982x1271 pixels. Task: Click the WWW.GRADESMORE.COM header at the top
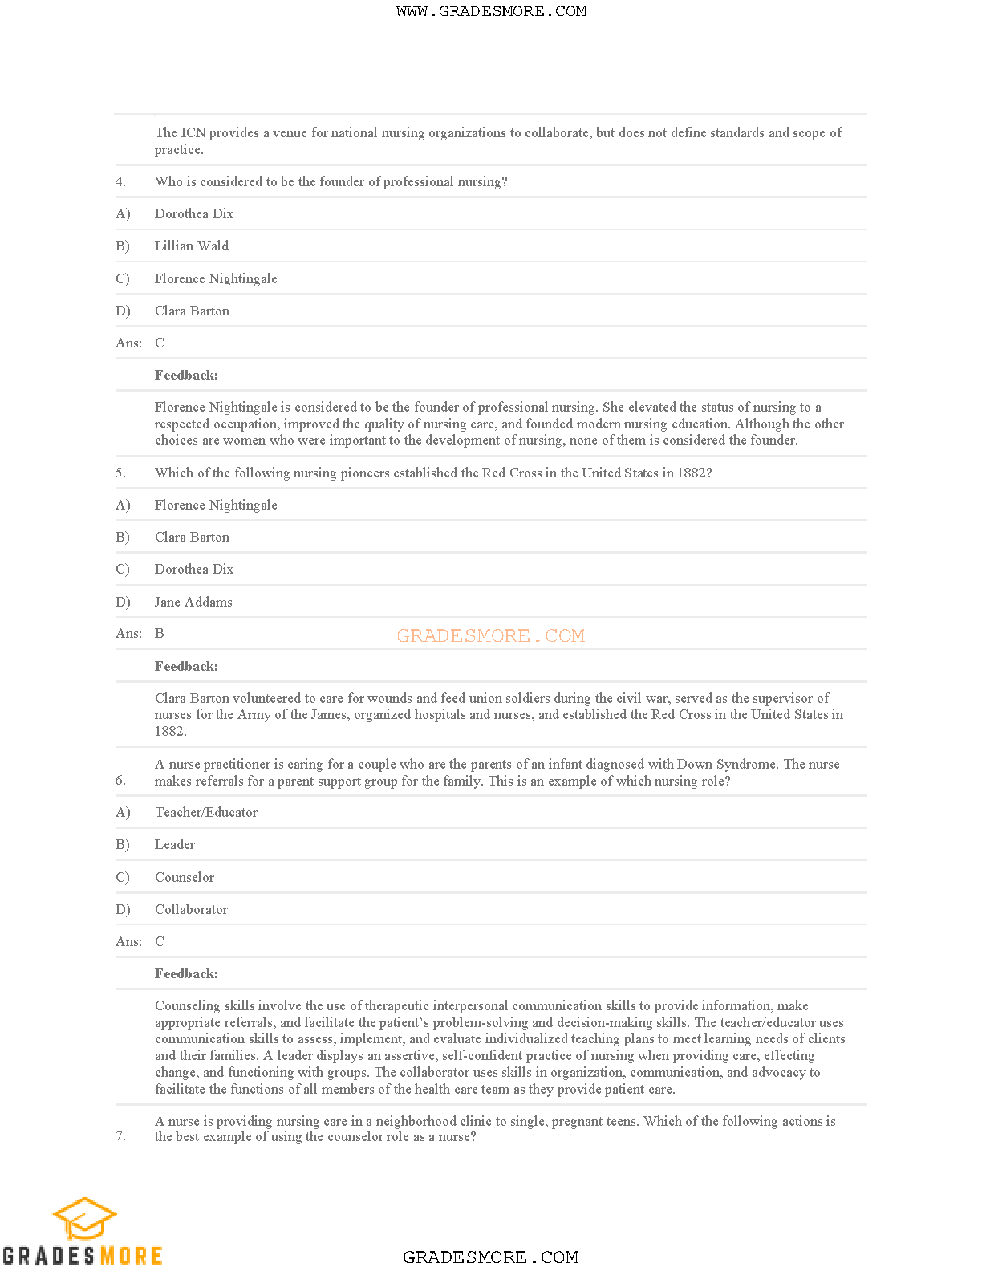[x=491, y=11]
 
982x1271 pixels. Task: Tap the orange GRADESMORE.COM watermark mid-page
[x=490, y=635]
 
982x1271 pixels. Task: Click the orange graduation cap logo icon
[x=84, y=1219]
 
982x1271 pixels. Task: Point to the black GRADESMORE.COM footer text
[x=490, y=1257]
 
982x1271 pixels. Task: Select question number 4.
[x=120, y=182]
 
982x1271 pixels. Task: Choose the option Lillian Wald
[x=192, y=246]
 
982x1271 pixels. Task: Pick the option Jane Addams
[x=193, y=602]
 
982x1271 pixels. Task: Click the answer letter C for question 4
[x=160, y=343]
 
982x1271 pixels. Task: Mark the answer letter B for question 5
[x=160, y=634]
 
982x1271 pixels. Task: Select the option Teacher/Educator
[x=206, y=813]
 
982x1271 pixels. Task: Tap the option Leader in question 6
[x=175, y=845]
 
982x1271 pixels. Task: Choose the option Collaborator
[x=191, y=910]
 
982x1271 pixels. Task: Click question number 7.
[x=120, y=1135]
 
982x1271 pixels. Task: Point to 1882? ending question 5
[x=695, y=473]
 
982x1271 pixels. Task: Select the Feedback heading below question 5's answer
[x=186, y=667]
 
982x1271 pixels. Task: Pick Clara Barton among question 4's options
[x=192, y=311]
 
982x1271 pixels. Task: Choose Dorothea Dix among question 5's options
[x=194, y=570]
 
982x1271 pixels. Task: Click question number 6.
[x=120, y=780]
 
